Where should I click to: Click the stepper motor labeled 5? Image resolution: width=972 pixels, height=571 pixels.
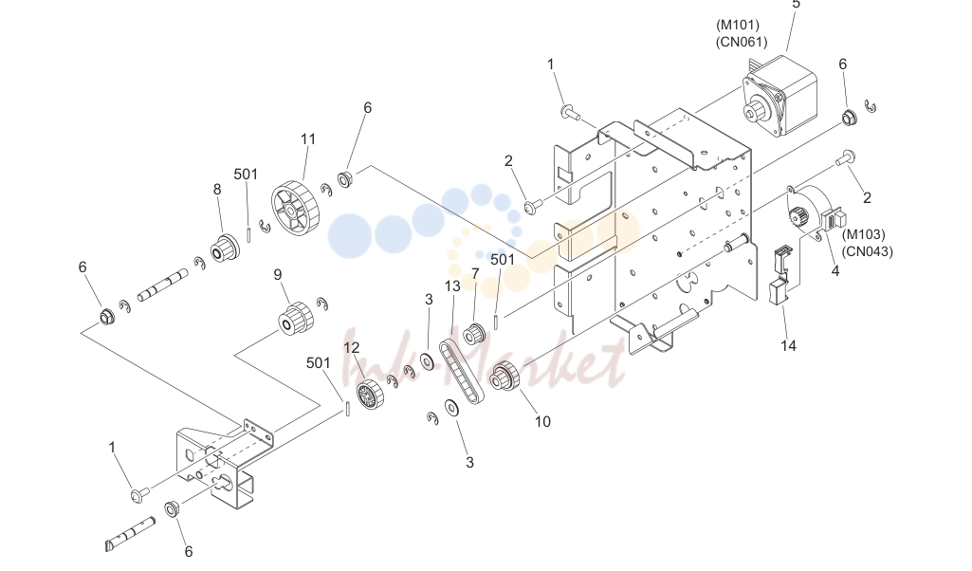click(x=779, y=96)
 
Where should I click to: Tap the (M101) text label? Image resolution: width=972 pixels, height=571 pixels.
click(x=738, y=25)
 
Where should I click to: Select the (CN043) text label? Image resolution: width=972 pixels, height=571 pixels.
click(x=868, y=251)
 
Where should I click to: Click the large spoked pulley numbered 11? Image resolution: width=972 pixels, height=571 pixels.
click(x=294, y=209)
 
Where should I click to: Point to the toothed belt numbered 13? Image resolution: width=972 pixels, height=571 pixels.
click(x=462, y=372)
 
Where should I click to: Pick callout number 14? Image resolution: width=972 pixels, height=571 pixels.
click(x=788, y=345)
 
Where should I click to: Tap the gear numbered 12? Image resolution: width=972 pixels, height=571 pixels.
click(x=370, y=394)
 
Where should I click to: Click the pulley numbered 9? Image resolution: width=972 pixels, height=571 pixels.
click(x=295, y=318)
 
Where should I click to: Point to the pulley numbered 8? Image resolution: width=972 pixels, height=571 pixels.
click(x=225, y=248)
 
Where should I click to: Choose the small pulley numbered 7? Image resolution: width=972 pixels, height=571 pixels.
click(x=474, y=334)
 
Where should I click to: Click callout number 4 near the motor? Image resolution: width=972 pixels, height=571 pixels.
click(x=835, y=271)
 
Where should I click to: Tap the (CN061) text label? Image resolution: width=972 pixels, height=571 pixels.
click(x=742, y=42)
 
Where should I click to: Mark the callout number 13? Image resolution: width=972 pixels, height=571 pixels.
click(x=452, y=285)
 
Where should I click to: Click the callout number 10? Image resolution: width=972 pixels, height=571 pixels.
click(x=542, y=421)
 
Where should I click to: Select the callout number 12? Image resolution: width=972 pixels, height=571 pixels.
click(x=352, y=348)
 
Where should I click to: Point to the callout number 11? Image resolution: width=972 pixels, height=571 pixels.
click(x=308, y=139)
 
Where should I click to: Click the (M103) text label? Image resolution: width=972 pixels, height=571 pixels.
click(x=864, y=234)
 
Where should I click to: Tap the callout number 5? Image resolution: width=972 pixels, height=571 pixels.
click(x=796, y=5)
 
